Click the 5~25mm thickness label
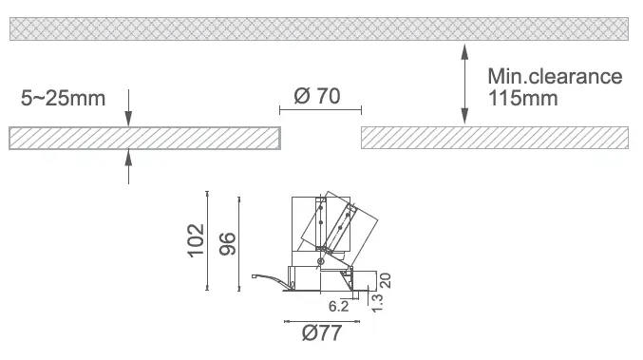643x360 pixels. click(x=63, y=99)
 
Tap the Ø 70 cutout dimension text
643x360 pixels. click(x=317, y=96)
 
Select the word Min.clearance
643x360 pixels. click(x=555, y=77)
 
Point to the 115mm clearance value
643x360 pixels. click(x=522, y=99)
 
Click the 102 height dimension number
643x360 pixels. click(x=197, y=240)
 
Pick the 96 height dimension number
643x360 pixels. click(x=228, y=244)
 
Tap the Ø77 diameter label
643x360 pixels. click(x=321, y=333)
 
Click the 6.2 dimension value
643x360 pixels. click(x=338, y=306)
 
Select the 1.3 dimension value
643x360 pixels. click(x=377, y=303)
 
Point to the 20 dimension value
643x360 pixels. click(x=386, y=281)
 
